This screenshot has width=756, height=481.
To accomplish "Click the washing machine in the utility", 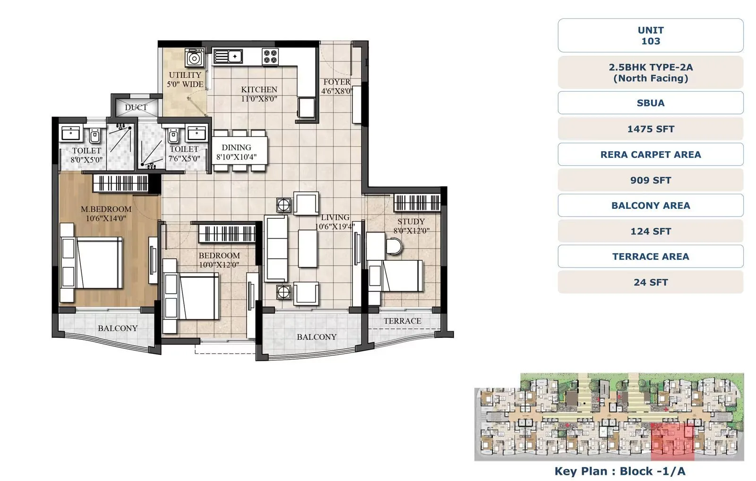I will (x=195, y=58).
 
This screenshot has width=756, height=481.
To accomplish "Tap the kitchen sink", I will (x=228, y=56).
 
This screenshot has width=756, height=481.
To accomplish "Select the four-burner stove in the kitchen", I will (x=270, y=57).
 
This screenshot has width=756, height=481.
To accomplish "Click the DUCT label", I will (x=136, y=107).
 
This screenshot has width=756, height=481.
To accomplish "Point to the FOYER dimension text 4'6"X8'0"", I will (x=336, y=91).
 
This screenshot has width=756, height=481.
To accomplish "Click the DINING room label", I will (x=236, y=147).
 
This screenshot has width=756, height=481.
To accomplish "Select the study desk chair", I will (x=394, y=246).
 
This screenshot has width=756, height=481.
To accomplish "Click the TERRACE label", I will (x=402, y=321).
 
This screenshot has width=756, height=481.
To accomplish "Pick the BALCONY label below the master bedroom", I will (x=118, y=328).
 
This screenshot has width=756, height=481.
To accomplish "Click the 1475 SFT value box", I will (x=650, y=129).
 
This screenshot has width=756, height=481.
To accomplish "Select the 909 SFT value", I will (x=650, y=180).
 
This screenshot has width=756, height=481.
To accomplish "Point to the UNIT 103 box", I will (x=650, y=35).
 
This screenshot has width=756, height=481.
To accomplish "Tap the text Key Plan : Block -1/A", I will (x=619, y=471).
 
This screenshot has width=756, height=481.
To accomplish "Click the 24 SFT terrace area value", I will (x=650, y=282).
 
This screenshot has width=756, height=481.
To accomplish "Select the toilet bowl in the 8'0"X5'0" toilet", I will (x=95, y=136).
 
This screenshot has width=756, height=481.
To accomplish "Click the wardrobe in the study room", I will (x=417, y=203).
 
